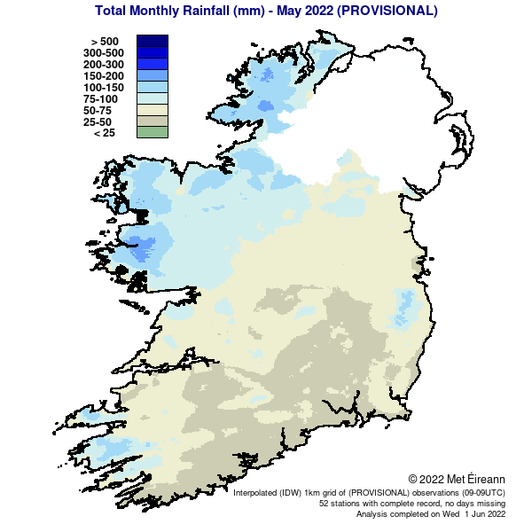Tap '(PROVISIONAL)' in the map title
[x=380, y=12]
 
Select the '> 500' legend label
[x=105, y=42]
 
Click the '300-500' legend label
[x=103, y=53]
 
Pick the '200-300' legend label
[x=103, y=65]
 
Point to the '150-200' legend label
[x=103, y=76]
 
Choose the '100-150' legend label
[x=103, y=88]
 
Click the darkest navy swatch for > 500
[x=152, y=41]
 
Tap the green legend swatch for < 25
[x=152, y=133]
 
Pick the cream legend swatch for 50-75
[x=152, y=110]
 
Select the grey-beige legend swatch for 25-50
[x=152, y=121]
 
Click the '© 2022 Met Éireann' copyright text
[x=457, y=479]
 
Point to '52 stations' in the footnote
[x=341, y=503]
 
